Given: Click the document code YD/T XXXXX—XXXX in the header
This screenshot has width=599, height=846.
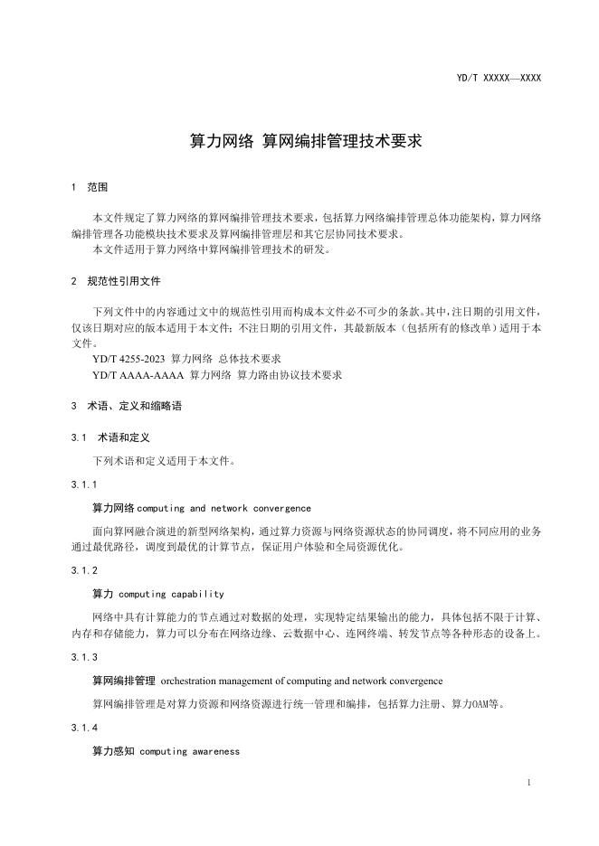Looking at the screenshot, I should (x=499, y=79).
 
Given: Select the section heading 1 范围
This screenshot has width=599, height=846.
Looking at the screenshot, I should (x=90, y=188).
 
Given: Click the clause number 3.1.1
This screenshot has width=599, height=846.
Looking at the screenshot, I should (x=84, y=484).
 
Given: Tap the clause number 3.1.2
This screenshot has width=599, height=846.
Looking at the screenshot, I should (x=84, y=571).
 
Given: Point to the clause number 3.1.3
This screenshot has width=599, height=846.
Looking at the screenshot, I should (x=84, y=657).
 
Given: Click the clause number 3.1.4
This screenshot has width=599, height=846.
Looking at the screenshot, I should (x=84, y=727).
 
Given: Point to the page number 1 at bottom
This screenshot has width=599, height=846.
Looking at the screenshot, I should (x=528, y=781).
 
